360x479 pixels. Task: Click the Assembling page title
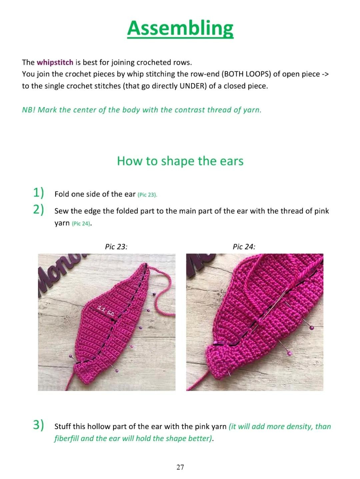(x=180, y=28)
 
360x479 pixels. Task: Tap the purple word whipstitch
(x=55, y=62)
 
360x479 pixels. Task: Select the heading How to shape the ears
(x=180, y=161)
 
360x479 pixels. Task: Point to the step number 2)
(x=39, y=209)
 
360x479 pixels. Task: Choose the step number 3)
(x=39, y=425)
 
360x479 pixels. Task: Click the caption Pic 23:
(x=116, y=247)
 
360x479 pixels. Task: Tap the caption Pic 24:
(x=244, y=247)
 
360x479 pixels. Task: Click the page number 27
(x=180, y=467)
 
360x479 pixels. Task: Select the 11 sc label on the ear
(x=106, y=311)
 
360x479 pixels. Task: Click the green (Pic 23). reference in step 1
(x=147, y=195)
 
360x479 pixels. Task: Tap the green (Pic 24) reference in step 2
(x=81, y=223)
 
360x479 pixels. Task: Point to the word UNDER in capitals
(x=193, y=86)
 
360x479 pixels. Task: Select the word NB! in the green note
(x=29, y=110)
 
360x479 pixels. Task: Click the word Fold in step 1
(x=62, y=194)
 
